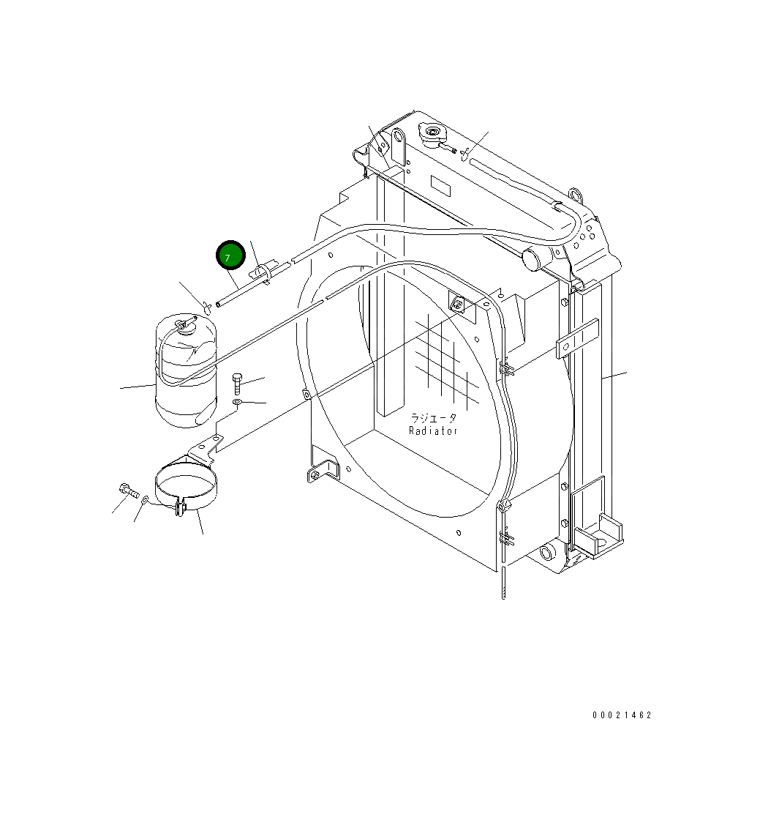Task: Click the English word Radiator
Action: tap(433, 430)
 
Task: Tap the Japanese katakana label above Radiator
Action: tap(433, 418)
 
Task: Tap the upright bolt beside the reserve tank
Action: tap(237, 383)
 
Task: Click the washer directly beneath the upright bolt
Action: tap(238, 403)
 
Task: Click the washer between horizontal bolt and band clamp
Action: tap(145, 499)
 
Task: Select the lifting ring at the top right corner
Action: tap(575, 195)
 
